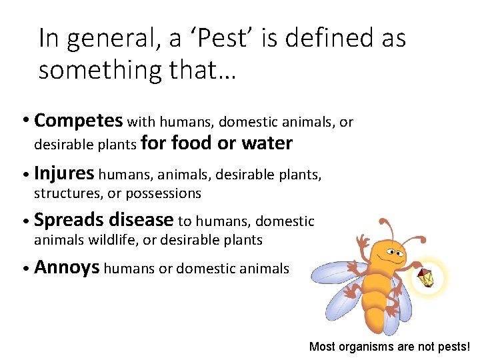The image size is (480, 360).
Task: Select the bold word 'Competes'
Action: (x=78, y=121)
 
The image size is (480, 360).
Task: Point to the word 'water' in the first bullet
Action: (x=267, y=143)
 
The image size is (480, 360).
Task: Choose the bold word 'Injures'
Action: (x=64, y=174)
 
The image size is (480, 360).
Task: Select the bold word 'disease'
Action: (x=140, y=219)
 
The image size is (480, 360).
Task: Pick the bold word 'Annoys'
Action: (x=67, y=268)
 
